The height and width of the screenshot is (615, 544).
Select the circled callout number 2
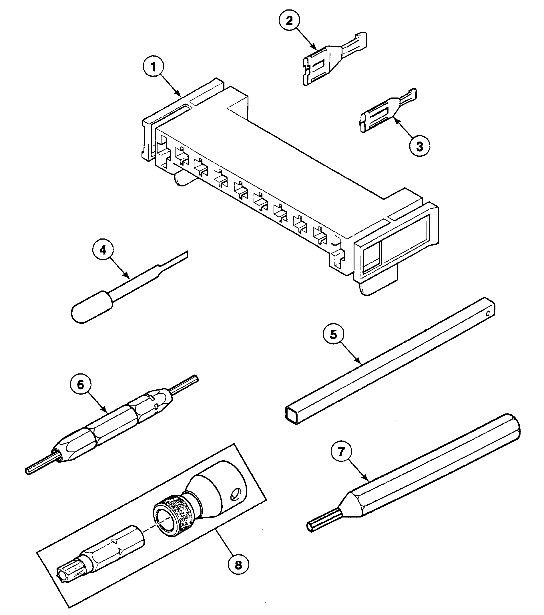click(x=289, y=21)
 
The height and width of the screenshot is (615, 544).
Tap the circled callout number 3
click(x=419, y=146)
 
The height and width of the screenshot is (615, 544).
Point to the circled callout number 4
click(x=103, y=250)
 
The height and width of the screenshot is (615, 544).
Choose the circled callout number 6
click(x=80, y=385)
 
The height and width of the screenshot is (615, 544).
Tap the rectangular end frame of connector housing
click(x=394, y=244)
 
